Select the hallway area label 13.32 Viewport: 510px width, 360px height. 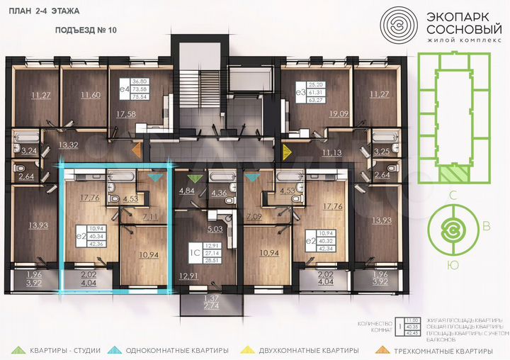(68, 145)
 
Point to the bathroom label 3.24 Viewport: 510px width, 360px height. (29, 151)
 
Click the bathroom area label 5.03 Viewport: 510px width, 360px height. (215, 229)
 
